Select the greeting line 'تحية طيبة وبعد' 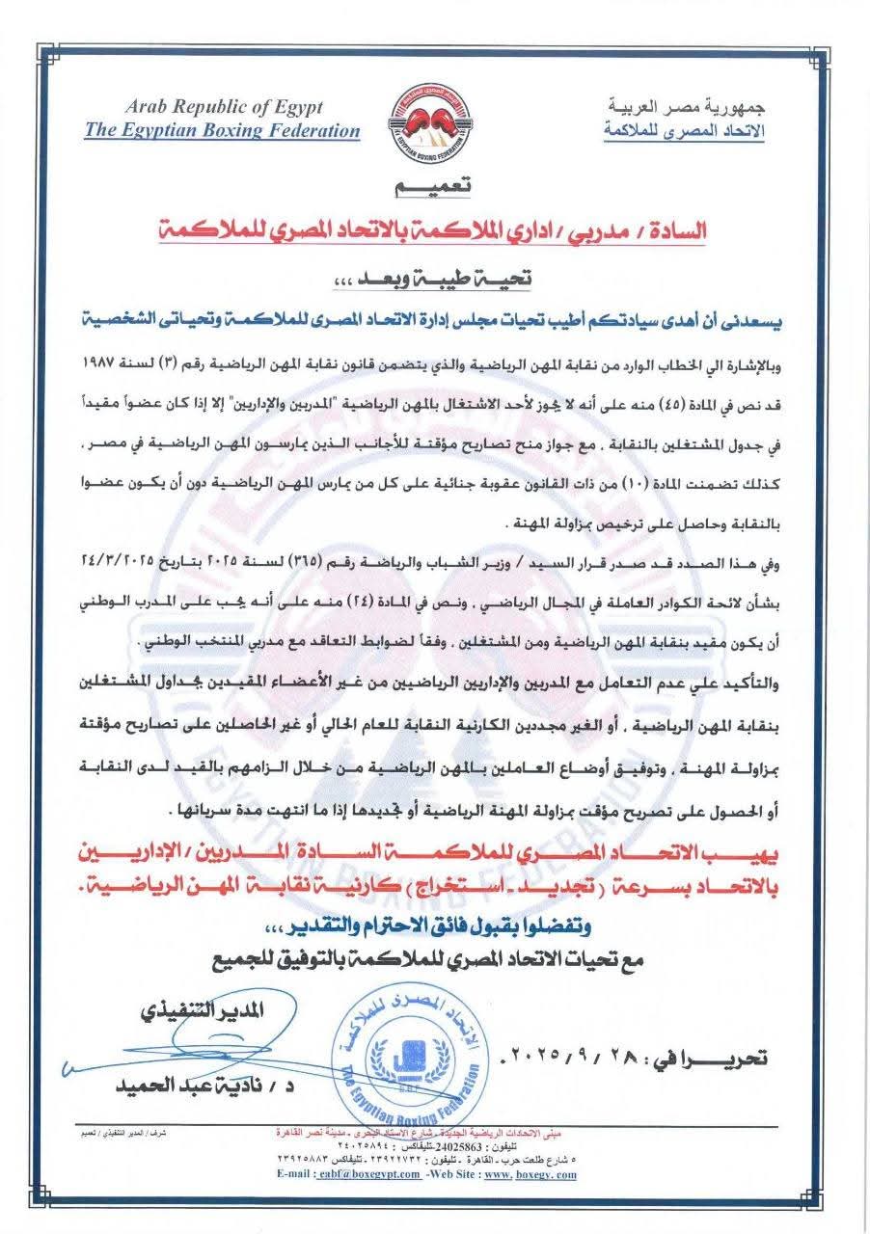point(435,277)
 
